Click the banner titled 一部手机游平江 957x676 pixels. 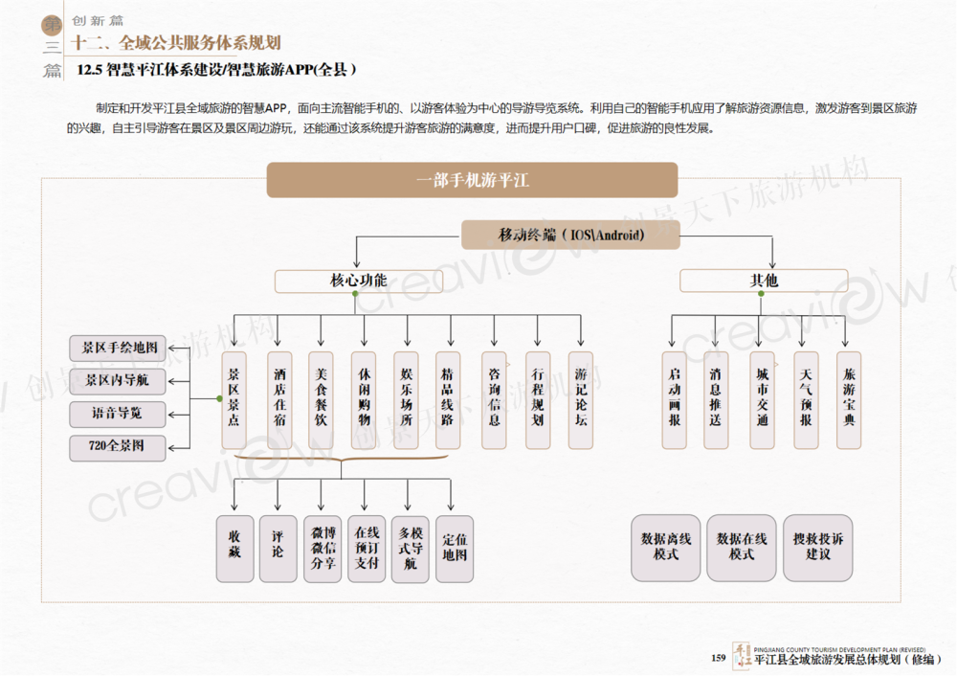(x=472, y=180)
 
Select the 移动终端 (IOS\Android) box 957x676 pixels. (x=570, y=235)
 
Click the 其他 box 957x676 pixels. (x=763, y=281)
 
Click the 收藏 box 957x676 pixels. (x=234, y=549)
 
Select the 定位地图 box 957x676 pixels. (x=455, y=549)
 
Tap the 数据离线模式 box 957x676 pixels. (x=665, y=548)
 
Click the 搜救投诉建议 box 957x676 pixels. (x=818, y=548)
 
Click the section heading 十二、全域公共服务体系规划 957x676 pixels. (x=177, y=42)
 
